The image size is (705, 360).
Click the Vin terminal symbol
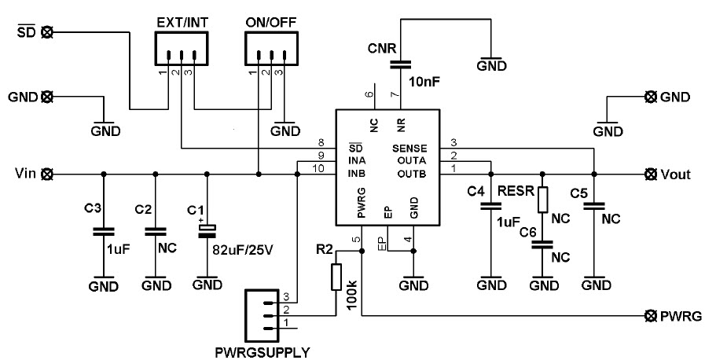47,173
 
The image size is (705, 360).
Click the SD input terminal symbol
47,32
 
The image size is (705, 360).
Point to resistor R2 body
336,276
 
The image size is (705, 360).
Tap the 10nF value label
425,80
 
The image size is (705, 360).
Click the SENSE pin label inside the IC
409,148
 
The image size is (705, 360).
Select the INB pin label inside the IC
357,173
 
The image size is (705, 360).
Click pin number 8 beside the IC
320,142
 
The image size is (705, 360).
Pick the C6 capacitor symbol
542,244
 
